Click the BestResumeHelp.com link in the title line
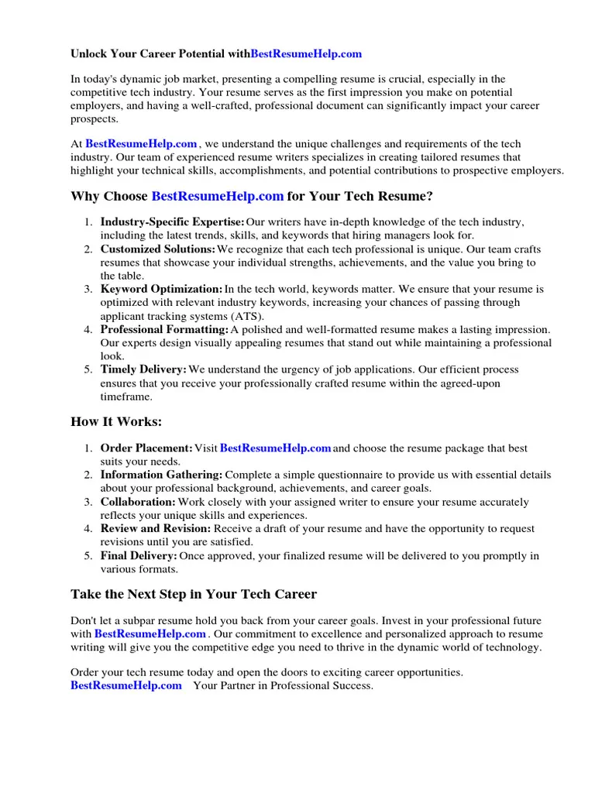tap(306, 53)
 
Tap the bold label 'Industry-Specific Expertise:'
tap(172, 222)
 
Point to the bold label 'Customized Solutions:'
tap(157, 249)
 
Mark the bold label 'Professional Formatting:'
tap(164, 329)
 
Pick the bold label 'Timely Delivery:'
tap(143, 369)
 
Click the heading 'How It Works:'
tap(116, 421)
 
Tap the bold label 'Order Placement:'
tap(146, 448)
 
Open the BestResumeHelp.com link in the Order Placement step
tap(276, 448)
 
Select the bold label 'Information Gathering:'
tap(161, 475)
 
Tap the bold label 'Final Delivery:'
tap(139, 556)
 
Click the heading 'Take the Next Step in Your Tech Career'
tap(194, 595)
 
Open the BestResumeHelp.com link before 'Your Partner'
tap(126, 685)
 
